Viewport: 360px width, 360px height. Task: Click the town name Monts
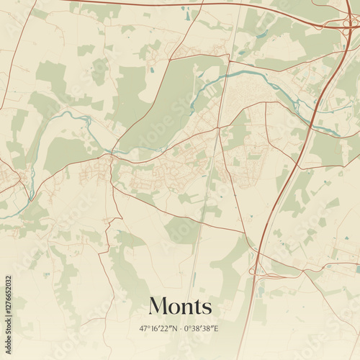coord(180,306)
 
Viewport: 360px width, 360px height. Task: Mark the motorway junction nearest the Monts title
coord(258,271)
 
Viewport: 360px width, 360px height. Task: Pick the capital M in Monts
coord(158,306)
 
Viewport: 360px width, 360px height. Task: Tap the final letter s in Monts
coord(207,307)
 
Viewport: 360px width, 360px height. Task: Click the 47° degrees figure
coord(144,328)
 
